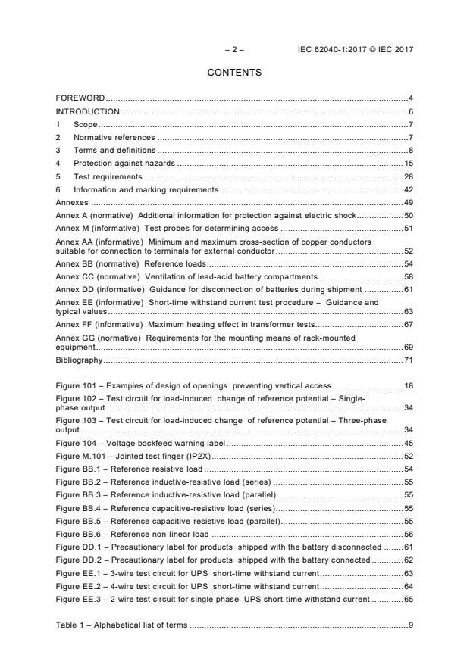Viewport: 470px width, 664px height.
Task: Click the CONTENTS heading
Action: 234,73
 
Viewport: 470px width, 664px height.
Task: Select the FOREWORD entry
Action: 80,98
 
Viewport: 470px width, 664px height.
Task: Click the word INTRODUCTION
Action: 88,111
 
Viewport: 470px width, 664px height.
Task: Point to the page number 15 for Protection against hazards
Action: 408,164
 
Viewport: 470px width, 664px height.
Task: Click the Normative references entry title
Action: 114,138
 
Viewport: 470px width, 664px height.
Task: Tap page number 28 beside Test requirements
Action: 408,176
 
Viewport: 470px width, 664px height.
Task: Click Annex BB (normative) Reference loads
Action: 131,263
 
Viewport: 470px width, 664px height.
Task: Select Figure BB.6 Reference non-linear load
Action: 133,534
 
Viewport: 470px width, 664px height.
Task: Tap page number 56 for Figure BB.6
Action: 408,534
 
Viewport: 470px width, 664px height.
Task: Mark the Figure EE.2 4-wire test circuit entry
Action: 187,585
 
